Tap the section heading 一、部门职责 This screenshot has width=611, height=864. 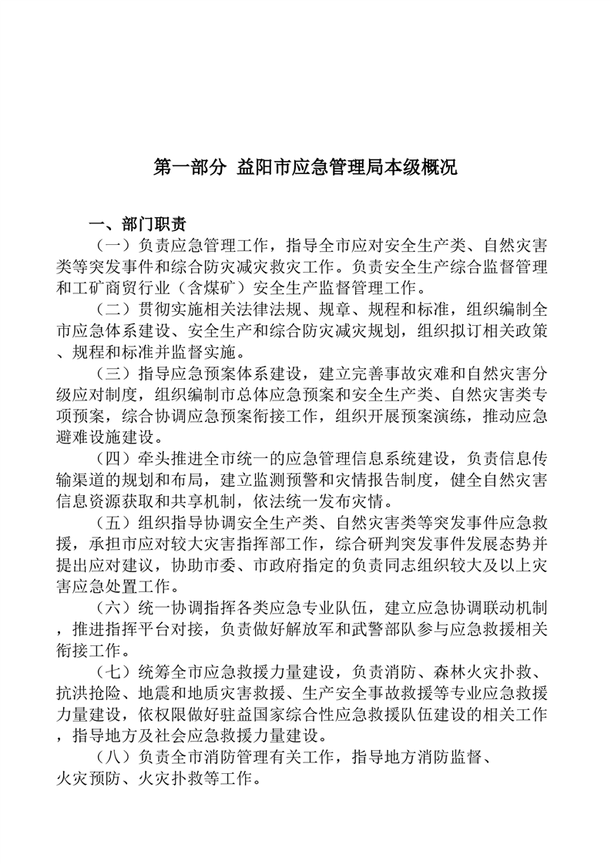coord(137,225)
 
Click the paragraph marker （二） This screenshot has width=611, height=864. coord(113,310)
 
